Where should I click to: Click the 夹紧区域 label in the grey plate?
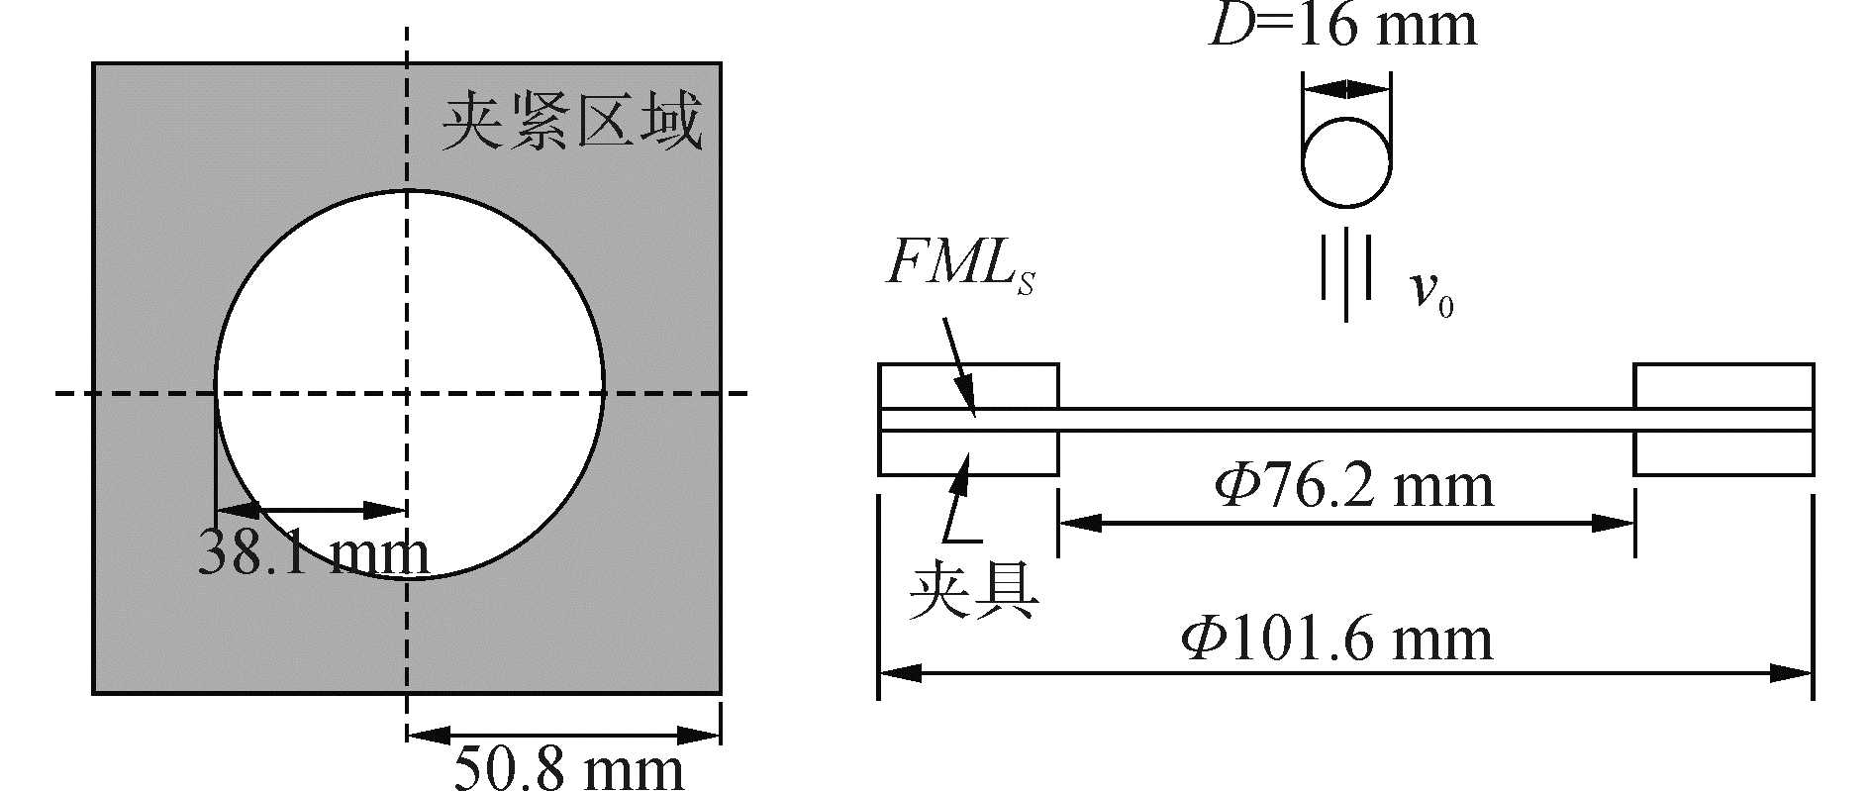click(571, 123)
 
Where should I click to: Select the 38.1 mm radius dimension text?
click(313, 554)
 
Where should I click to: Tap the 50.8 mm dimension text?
click(568, 768)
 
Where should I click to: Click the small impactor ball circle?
click(1345, 161)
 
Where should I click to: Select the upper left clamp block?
click(968, 386)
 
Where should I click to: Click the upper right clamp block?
click(1722, 386)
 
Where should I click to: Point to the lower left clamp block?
click(968, 453)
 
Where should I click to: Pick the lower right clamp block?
click(1722, 453)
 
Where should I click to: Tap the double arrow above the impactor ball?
click(1345, 87)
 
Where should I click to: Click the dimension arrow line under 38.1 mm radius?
click(311, 511)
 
